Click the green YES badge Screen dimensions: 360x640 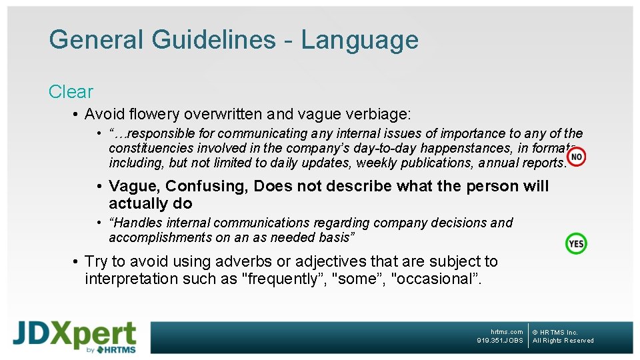(576, 243)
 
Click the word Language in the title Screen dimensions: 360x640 (359, 40)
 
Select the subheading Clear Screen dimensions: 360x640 (71, 92)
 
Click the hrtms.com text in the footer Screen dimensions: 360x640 (507, 332)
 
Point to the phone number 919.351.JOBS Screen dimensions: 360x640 (500, 341)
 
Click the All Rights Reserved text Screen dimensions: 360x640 (563, 341)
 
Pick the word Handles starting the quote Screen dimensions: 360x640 (137, 223)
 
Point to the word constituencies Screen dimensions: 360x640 (151, 148)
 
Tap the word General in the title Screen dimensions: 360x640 (97, 40)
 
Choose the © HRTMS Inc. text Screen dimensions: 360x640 (555, 332)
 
